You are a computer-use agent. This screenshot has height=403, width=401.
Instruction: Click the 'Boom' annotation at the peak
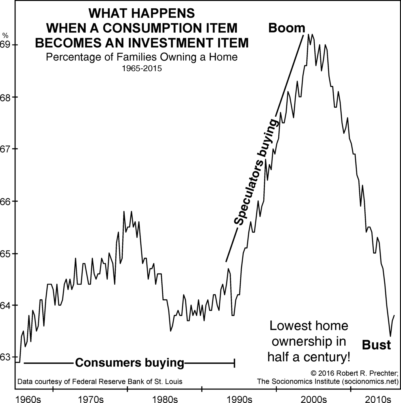coord(286,28)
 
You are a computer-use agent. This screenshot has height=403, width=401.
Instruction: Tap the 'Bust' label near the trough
coord(376,345)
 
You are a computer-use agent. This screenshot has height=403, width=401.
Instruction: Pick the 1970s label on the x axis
coord(91,399)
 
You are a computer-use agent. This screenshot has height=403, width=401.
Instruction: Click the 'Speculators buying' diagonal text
coord(256,173)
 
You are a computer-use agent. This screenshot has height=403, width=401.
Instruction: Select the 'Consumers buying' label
coord(130,363)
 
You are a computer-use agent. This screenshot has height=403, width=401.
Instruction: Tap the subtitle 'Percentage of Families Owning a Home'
coord(142,57)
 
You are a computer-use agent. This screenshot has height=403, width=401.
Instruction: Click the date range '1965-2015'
coord(142,69)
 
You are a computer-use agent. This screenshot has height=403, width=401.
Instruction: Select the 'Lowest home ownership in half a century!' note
coord(309,342)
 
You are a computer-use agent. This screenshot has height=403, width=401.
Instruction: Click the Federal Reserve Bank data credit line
coord(100,382)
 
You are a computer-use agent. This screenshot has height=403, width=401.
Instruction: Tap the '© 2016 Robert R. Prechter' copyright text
coord(354,373)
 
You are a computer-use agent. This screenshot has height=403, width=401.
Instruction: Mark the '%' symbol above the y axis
coord(5,36)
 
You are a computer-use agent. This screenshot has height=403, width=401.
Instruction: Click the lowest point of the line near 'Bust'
coord(390,336)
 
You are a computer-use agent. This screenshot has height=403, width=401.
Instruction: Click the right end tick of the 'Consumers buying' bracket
coord(235,363)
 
